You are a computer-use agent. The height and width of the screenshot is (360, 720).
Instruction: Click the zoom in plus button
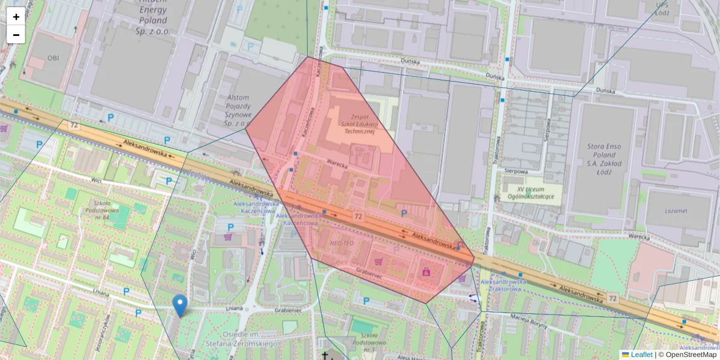click(16, 16)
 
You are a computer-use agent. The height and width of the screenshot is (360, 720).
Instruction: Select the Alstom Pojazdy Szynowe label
click(238, 110)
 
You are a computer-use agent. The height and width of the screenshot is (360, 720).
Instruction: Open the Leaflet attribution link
click(641, 355)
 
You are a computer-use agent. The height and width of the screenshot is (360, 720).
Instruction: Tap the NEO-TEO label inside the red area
click(342, 244)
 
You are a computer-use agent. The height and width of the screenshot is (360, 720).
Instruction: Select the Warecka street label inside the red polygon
click(337, 162)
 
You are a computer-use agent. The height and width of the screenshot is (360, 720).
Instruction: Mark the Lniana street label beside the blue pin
click(231, 308)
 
